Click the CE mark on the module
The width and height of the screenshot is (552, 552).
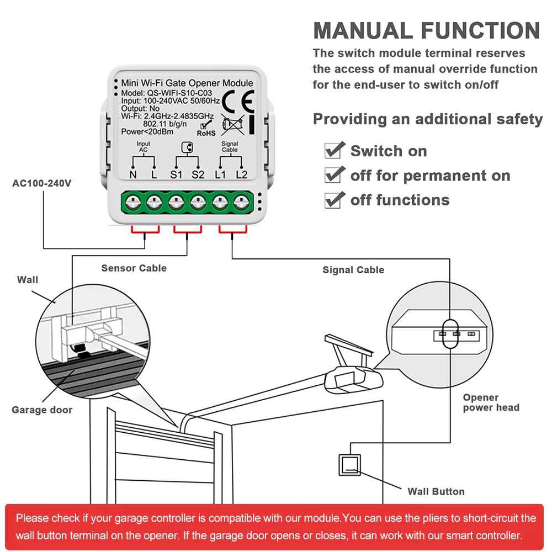click(238, 100)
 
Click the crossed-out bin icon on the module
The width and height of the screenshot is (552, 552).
click(231, 125)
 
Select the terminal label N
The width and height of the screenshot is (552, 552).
click(133, 174)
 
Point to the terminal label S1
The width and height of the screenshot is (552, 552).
click(176, 174)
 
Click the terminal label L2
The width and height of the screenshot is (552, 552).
click(241, 174)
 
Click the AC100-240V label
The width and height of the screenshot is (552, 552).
click(42, 183)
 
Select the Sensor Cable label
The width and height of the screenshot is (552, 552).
click(134, 268)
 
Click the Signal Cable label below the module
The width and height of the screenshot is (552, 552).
click(353, 270)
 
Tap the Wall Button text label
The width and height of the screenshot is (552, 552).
click(436, 491)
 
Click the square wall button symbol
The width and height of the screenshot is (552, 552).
click(349, 465)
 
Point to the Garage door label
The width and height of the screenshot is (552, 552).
click(42, 410)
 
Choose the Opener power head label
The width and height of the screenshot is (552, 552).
click(491, 402)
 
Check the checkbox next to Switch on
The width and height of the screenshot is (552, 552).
click(333, 150)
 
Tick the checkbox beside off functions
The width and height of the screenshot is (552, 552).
click(333, 199)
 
